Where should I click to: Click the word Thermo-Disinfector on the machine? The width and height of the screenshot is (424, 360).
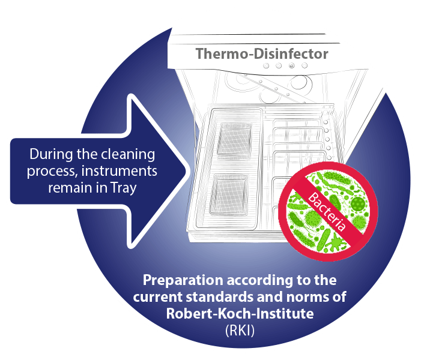tap(262, 54)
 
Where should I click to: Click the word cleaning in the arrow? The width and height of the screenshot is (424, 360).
tap(132, 154)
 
